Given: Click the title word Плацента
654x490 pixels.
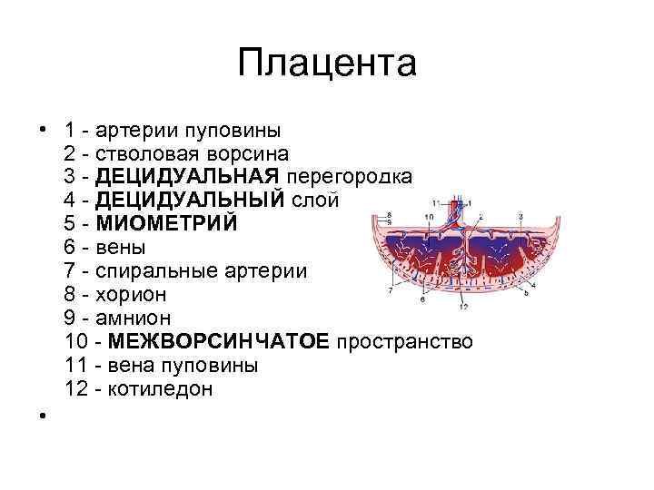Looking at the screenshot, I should tap(326, 64).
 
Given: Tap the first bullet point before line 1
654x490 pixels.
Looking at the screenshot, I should tap(43, 130).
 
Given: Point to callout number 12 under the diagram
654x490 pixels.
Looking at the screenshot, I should tap(463, 308).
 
